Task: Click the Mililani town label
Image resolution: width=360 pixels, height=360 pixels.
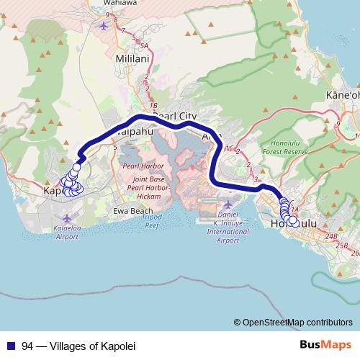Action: [131, 55]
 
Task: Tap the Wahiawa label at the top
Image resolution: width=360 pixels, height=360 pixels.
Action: [125, 3]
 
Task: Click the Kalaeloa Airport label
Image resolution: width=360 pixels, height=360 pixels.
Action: [66, 231]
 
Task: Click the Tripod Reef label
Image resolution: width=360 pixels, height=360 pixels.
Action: [150, 220]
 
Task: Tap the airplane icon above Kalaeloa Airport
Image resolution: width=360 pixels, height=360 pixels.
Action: [67, 217]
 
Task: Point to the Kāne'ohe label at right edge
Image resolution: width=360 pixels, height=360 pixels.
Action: [342, 95]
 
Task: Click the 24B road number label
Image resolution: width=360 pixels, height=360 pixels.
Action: [330, 235]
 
